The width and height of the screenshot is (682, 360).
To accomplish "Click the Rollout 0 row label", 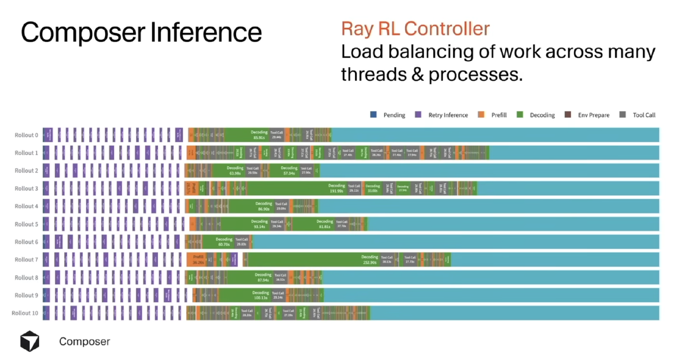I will click(x=26, y=135).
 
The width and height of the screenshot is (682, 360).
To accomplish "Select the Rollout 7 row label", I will click(x=26, y=260).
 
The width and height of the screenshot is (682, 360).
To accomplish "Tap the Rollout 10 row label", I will click(x=25, y=313).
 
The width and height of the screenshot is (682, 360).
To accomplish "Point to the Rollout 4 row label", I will click(x=26, y=206).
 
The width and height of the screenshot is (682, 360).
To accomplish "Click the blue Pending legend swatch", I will click(x=373, y=114).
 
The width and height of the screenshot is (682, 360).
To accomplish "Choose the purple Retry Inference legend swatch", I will click(x=418, y=114).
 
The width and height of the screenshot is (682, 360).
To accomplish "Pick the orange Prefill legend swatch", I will click(x=481, y=114).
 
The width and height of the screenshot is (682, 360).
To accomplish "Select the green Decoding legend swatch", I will click(x=520, y=114).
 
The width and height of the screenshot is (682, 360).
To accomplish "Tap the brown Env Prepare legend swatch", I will click(x=568, y=114).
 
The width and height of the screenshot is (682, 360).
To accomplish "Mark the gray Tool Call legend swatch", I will click(x=623, y=114).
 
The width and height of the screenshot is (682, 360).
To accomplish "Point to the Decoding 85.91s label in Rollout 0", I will click(x=259, y=135).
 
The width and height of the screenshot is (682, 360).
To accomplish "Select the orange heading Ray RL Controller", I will click(x=415, y=29).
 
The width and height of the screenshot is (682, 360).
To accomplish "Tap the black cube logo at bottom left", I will click(x=30, y=341).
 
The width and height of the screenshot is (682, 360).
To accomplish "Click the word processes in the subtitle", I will click(x=475, y=74).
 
